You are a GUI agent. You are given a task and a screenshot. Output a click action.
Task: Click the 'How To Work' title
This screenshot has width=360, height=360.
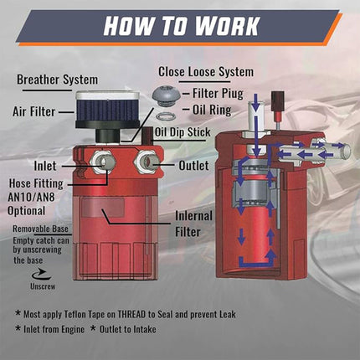point(179,26)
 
